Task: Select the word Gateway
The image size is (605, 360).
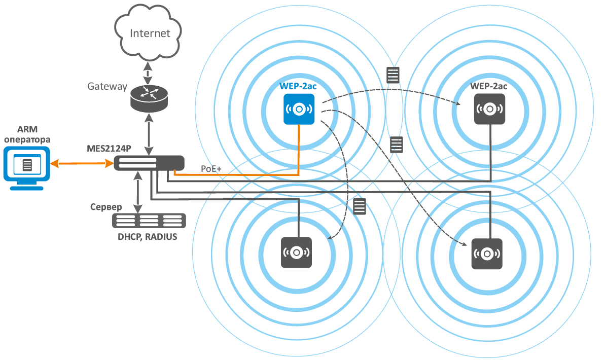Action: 107,86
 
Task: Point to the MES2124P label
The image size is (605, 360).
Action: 109,150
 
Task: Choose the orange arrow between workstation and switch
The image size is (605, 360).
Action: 82,163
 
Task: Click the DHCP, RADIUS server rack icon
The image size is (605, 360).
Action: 149,220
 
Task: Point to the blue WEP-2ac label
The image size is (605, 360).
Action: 298,87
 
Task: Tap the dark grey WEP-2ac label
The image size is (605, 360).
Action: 489,86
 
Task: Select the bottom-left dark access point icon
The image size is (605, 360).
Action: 297,252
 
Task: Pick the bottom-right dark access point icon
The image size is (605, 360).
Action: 487,254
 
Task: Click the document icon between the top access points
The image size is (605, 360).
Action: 393,75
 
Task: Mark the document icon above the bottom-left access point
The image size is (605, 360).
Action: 359,207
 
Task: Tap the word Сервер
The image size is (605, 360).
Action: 106,207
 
